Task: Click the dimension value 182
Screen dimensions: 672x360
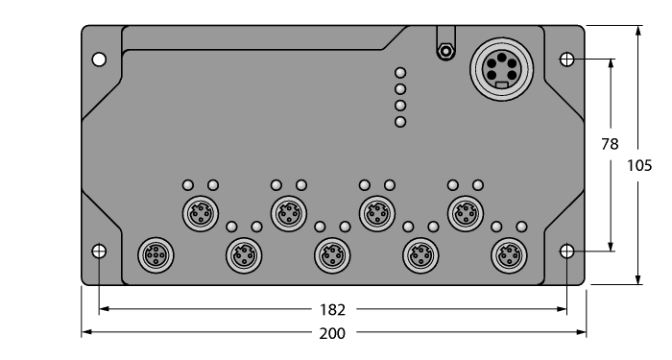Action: (x=331, y=310)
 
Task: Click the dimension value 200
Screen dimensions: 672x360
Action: (x=332, y=332)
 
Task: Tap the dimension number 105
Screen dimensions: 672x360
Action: (x=638, y=165)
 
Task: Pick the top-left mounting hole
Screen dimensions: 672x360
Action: (x=99, y=60)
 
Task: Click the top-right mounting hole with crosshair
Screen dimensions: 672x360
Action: (x=567, y=60)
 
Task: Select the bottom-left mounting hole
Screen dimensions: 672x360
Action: (x=99, y=252)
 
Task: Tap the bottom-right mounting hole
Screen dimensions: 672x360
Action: (x=567, y=252)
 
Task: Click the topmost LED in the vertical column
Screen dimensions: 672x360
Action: (x=401, y=72)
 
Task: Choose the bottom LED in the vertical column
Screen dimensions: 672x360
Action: (x=401, y=121)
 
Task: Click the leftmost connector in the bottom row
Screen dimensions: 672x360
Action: (x=154, y=255)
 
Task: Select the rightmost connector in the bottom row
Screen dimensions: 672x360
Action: (x=508, y=255)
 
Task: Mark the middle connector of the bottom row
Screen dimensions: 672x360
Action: (x=331, y=255)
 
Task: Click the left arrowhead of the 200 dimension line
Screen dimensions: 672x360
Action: (x=84, y=332)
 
